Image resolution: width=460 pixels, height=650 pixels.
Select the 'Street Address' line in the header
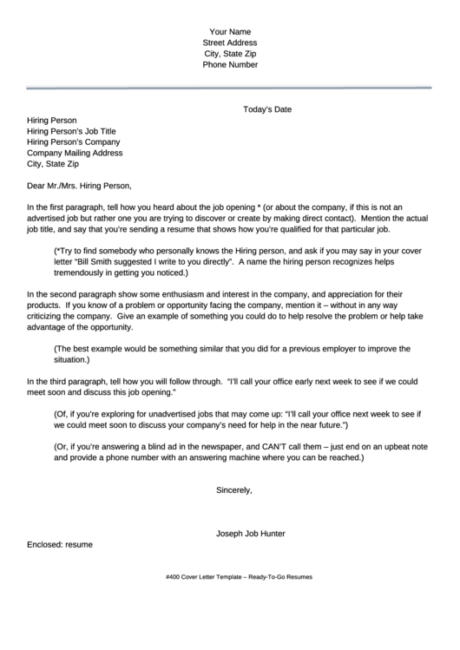(230, 43)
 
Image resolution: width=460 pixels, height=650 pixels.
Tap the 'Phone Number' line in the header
(230, 64)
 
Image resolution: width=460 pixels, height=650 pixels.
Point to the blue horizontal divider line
(230, 88)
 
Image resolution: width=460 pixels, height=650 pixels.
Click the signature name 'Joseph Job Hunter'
(251, 533)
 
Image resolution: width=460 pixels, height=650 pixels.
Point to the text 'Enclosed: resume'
(60, 544)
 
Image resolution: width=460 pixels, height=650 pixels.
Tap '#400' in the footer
(172, 577)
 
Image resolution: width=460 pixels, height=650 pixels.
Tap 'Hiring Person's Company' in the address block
(74, 141)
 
